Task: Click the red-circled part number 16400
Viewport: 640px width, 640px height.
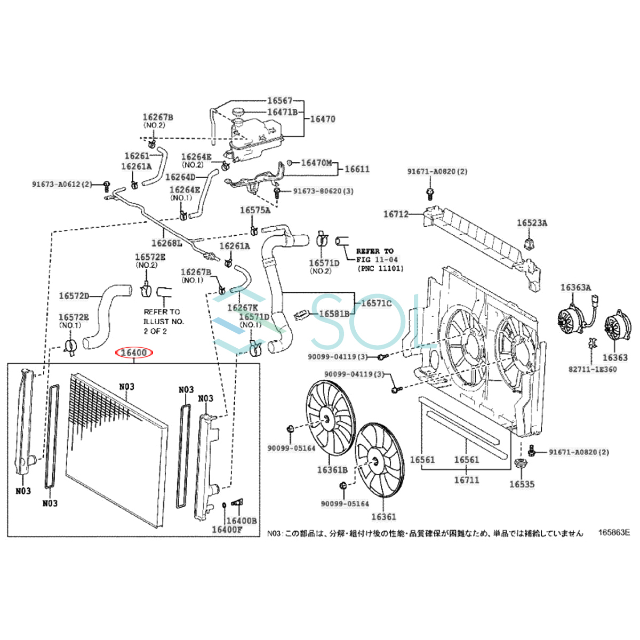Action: (x=134, y=353)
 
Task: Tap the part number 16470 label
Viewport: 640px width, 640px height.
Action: (x=323, y=119)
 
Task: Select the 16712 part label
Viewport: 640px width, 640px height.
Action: (x=396, y=214)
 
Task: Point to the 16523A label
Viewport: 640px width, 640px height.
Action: (x=532, y=222)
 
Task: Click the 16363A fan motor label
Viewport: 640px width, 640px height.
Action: (x=575, y=287)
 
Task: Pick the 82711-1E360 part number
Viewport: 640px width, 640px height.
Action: (x=593, y=369)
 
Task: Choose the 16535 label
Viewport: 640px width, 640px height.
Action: (x=522, y=484)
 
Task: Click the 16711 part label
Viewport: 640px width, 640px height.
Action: (x=467, y=480)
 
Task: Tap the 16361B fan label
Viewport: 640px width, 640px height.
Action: (x=332, y=470)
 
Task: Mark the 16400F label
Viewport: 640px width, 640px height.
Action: (x=227, y=530)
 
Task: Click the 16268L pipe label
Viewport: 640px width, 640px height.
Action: (x=166, y=243)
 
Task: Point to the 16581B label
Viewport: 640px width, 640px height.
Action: (x=334, y=314)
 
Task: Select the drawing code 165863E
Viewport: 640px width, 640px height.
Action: (x=614, y=532)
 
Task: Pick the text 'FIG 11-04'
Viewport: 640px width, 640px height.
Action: (x=377, y=259)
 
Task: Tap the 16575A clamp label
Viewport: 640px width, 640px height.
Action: (x=255, y=210)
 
